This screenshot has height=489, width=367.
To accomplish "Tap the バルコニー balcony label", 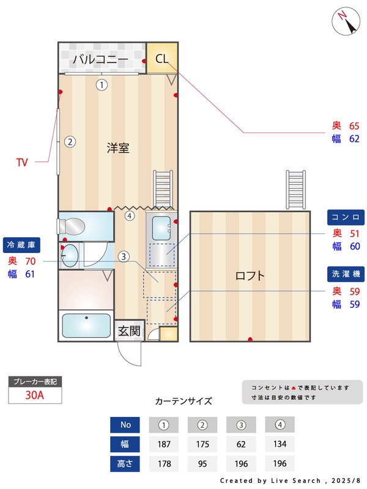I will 100,59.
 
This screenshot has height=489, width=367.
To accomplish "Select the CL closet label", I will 161,59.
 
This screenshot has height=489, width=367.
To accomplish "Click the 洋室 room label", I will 117,148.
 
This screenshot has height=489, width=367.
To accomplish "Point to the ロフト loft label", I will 251,276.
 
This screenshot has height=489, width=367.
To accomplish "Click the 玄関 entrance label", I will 130,331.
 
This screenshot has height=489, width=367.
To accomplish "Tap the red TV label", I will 22,163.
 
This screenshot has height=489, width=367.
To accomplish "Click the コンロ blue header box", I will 346,217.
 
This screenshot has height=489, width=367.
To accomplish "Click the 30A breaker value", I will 35,395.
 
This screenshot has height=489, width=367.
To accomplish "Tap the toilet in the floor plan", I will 72,226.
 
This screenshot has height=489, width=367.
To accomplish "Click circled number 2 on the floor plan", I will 70,142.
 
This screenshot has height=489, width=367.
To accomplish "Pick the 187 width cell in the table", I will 163,444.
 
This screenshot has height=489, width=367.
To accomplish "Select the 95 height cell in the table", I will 203,463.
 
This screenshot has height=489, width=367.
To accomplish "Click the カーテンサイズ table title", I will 183,402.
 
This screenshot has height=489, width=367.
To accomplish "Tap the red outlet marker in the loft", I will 250,339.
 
